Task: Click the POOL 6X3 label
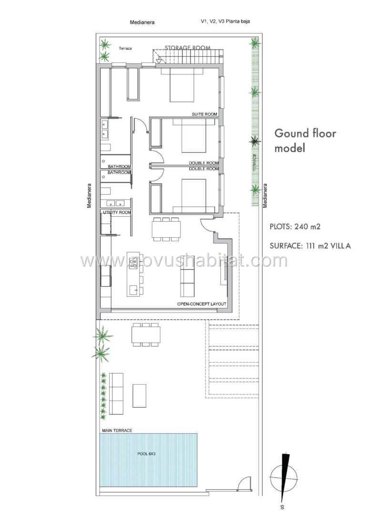click(x=146, y=454)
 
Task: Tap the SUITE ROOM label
click(x=204, y=114)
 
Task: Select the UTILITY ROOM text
click(x=117, y=212)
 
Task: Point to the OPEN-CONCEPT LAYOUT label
click(x=202, y=304)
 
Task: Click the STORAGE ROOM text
click(x=188, y=48)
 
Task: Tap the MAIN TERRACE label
click(x=117, y=430)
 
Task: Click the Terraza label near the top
click(x=125, y=48)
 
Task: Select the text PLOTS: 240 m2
click(x=295, y=227)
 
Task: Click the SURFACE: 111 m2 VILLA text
click(x=310, y=246)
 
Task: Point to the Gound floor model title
click(x=305, y=141)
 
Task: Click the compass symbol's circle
click(x=284, y=478)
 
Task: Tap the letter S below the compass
click(x=282, y=507)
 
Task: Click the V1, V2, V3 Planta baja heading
click(x=225, y=21)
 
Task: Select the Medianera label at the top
click(x=142, y=22)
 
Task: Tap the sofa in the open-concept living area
click(x=188, y=281)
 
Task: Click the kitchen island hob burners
click(x=134, y=263)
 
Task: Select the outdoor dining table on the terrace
click(x=146, y=335)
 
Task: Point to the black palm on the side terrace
click(x=255, y=142)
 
